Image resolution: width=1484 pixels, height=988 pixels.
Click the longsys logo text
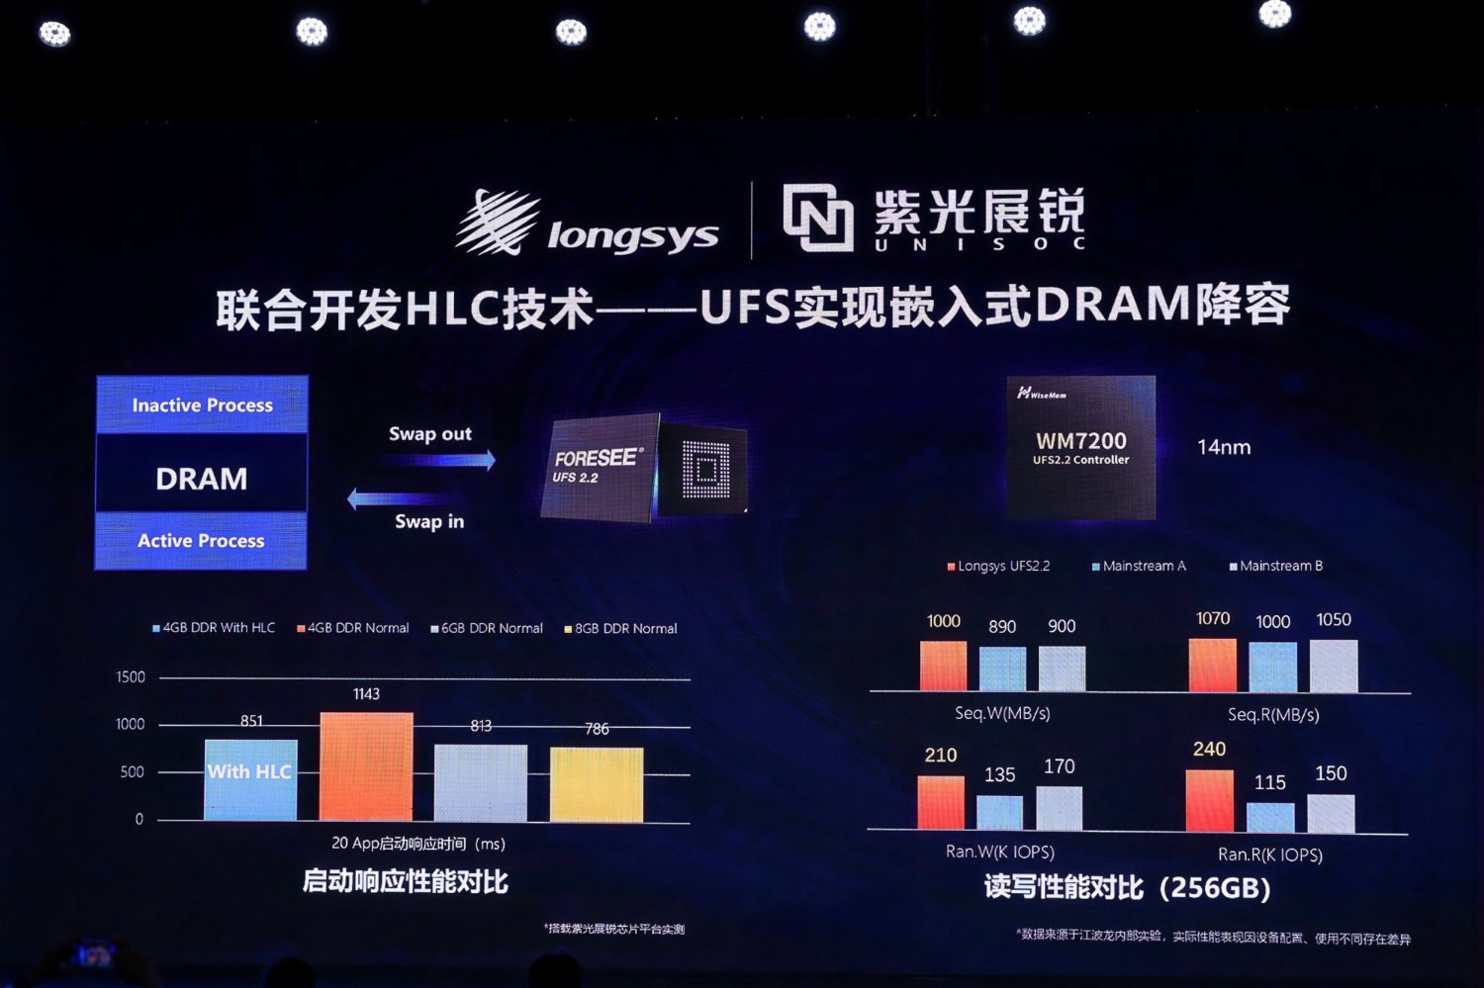coord(632,236)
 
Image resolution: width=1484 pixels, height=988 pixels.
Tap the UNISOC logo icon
coord(817,217)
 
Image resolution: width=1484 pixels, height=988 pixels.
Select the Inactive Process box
coord(202,405)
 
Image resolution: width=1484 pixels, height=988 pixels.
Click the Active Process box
coord(201,541)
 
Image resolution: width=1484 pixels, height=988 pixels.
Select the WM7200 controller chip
coord(1080,447)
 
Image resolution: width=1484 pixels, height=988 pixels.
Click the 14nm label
coord(1224,447)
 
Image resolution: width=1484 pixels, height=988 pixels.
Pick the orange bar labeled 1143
coord(366,766)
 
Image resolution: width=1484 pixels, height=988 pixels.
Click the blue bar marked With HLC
coord(250,779)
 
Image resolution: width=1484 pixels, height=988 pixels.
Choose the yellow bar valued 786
coord(597,784)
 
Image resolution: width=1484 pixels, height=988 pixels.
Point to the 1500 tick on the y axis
coord(131,677)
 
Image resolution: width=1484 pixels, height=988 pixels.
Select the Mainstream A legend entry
coord(1139,566)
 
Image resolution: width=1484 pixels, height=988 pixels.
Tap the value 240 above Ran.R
coord(1209,750)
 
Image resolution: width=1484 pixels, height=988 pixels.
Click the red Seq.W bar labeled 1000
coord(943,666)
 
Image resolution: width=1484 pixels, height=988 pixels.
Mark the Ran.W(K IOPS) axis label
coord(1000,852)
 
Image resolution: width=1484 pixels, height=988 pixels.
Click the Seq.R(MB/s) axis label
coord(1273,714)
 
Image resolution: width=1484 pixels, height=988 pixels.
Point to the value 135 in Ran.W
coord(999,775)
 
